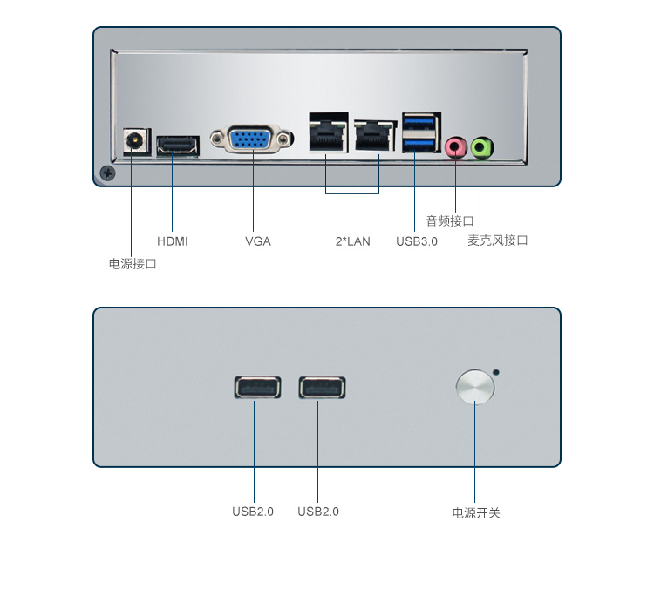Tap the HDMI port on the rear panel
[177, 146]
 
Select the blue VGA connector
[252, 139]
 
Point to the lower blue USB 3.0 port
[421, 142]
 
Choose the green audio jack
[481, 146]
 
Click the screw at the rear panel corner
[107, 173]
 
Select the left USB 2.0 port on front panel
[257, 387]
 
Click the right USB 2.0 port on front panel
[322, 387]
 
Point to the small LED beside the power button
[497, 373]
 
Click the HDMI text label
[172, 241]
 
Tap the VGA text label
[257, 241]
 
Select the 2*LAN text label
[352, 241]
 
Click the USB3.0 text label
[416, 241]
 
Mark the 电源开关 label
[476, 513]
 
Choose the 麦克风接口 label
[498, 241]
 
